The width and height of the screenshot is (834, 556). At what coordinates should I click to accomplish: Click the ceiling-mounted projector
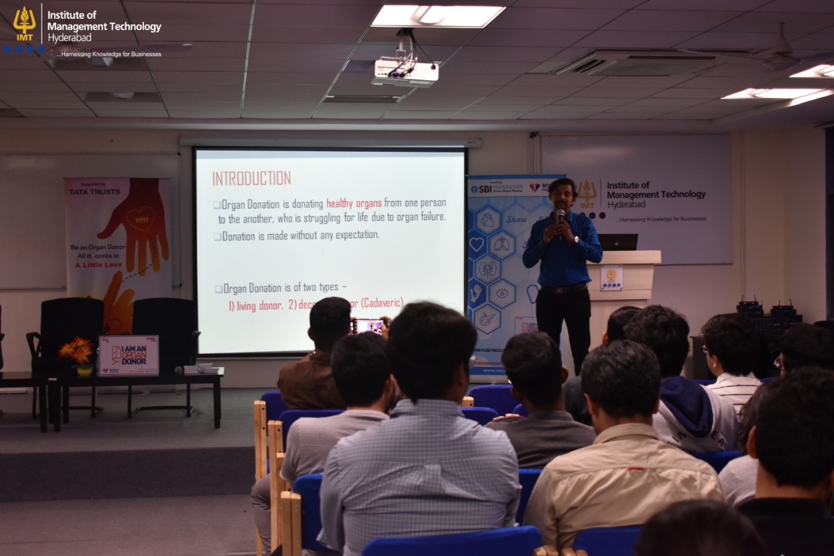pos(405,72)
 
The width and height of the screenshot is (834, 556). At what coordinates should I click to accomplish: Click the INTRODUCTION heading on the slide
pos(252,179)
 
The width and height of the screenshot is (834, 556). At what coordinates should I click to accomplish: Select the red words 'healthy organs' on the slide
pos(354,203)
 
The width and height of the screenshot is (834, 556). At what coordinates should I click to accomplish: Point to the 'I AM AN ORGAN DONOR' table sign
pos(128,355)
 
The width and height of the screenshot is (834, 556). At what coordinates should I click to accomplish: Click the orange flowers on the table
pos(77,350)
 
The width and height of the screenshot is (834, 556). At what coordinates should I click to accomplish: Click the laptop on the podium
pos(618,242)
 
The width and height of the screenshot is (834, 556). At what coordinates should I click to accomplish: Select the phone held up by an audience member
pos(369,325)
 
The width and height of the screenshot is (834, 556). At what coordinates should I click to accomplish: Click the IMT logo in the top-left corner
pos(24,24)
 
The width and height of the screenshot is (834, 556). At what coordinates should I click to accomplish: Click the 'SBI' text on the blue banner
pos(485,189)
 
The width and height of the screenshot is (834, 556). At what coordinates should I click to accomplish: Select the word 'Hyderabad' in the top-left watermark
pos(66,38)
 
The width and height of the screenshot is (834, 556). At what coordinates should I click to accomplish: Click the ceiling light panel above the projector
pos(438,16)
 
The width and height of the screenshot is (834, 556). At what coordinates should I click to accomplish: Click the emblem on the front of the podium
pos(611,276)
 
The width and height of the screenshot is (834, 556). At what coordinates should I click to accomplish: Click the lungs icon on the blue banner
pos(502,244)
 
